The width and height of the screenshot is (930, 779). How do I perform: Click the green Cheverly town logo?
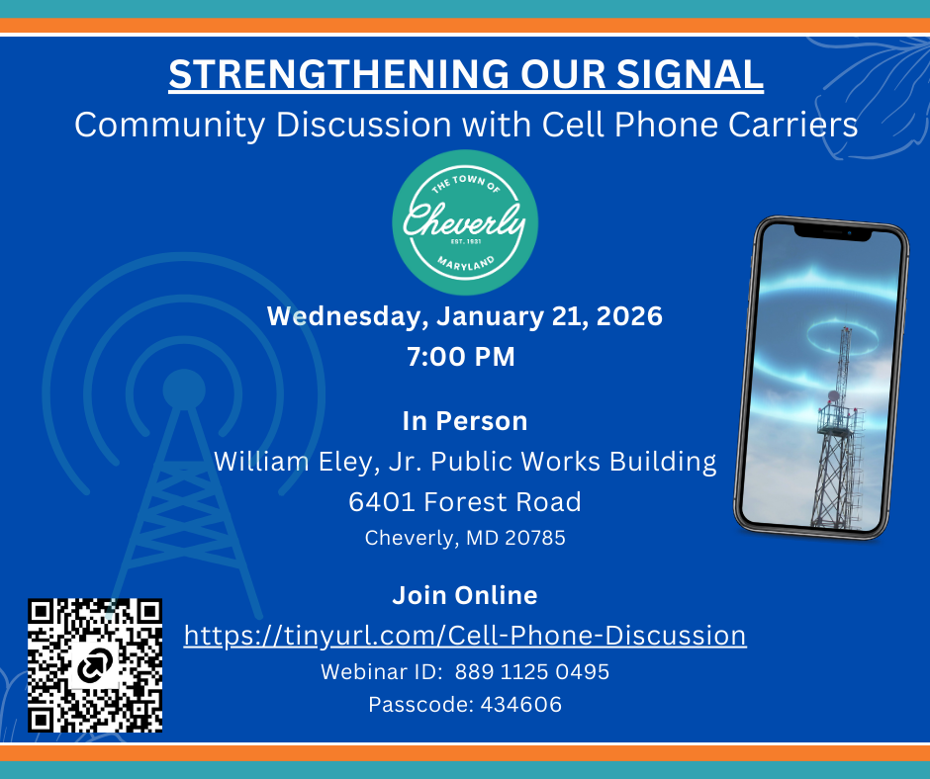465,223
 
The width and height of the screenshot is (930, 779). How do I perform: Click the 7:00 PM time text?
461,357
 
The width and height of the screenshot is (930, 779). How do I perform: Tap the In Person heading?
464,421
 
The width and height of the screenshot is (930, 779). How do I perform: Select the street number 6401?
382,502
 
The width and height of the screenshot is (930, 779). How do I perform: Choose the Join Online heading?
464,595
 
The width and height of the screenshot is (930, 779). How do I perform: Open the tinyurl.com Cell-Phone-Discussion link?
465,635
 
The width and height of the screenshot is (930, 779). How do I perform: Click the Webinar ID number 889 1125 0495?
531,672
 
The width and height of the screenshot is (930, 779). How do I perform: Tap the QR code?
94,664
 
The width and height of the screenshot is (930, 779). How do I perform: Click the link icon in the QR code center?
94,669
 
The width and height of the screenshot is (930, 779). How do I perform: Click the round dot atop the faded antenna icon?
184,388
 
